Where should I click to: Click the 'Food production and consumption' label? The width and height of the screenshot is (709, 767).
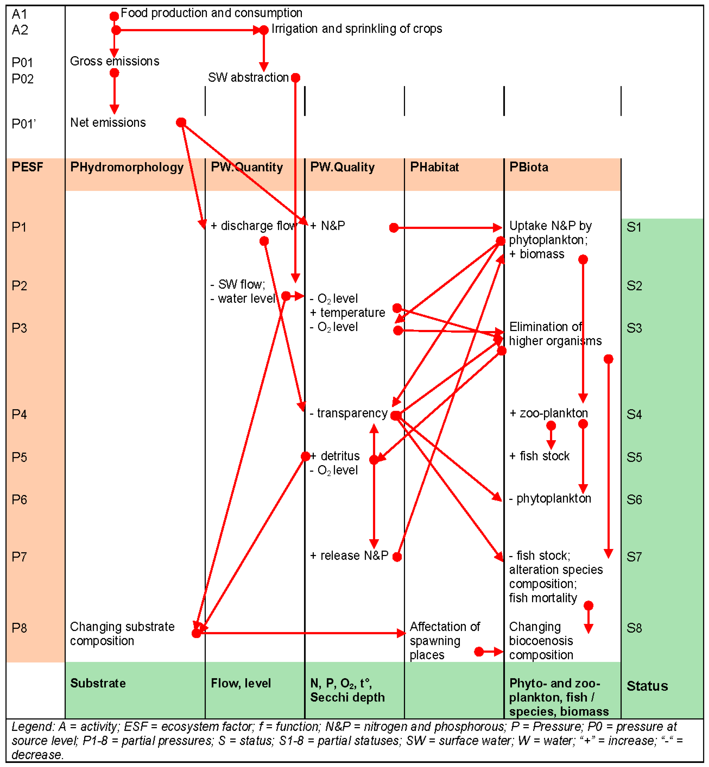point(211,13)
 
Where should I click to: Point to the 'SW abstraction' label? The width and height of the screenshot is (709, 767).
point(248,78)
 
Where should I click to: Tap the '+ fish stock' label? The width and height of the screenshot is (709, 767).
point(539,456)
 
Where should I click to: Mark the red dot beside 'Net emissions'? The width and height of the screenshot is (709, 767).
point(181,122)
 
